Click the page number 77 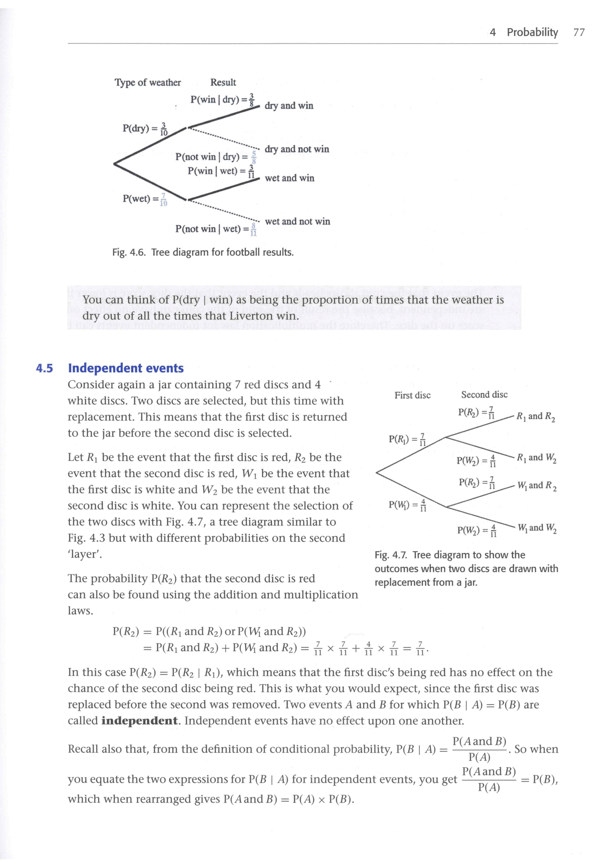(x=579, y=32)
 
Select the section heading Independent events (x=126, y=368)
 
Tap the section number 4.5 (x=44, y=369)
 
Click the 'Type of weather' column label (x=147, y=82)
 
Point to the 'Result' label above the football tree (x=223, y=82)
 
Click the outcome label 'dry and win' (x=289, y=106)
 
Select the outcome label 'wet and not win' (x=297, y=221)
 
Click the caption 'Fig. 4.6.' (x=129, y=253)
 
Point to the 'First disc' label (x=412, y=395)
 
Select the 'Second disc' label (x=484, y=394)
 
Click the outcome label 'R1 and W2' (x=536, y=458)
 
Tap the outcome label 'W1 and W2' (x=537, y=528)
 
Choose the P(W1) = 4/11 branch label (x=408, y=505)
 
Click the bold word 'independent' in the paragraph (x=140, y=720)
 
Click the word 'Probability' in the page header (x=532, y=32)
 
